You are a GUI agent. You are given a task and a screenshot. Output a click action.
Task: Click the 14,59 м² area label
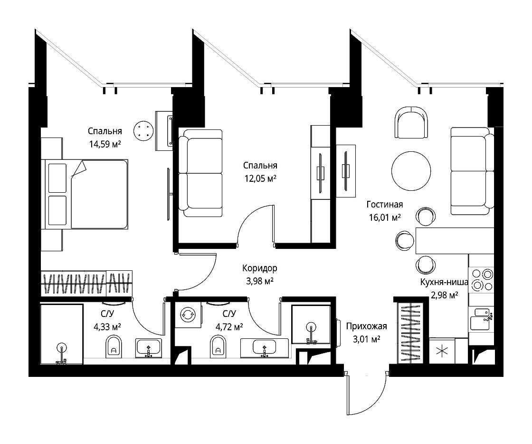[x=105, y=144]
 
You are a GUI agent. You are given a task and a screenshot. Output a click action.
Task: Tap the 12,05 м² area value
[x=260, y=178]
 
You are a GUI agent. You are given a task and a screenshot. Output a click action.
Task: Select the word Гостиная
[x=385, y=204]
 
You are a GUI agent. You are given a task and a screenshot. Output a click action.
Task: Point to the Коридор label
[x=259, y=268]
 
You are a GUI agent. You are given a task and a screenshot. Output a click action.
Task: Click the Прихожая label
[x=366, y=326]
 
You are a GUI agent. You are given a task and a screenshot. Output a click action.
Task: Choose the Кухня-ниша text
[x=444, y=282]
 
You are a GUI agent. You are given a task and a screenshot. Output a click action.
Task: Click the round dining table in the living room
[x=411, y=171]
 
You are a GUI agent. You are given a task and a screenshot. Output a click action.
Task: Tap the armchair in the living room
[x=411, y=122]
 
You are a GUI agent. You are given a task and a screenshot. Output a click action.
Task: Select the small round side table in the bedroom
[x=143, y=130]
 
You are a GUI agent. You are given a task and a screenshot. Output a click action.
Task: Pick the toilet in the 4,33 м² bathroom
[x=114, y=346]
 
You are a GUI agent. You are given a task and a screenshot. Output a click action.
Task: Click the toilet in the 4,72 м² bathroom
[x=218, y=346]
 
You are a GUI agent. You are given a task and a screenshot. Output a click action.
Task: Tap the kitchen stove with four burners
[x=482, y=279]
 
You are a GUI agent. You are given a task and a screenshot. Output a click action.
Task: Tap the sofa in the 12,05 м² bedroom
[x=200, y=173]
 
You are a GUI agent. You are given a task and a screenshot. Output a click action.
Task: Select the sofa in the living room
[x=472, y=171]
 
